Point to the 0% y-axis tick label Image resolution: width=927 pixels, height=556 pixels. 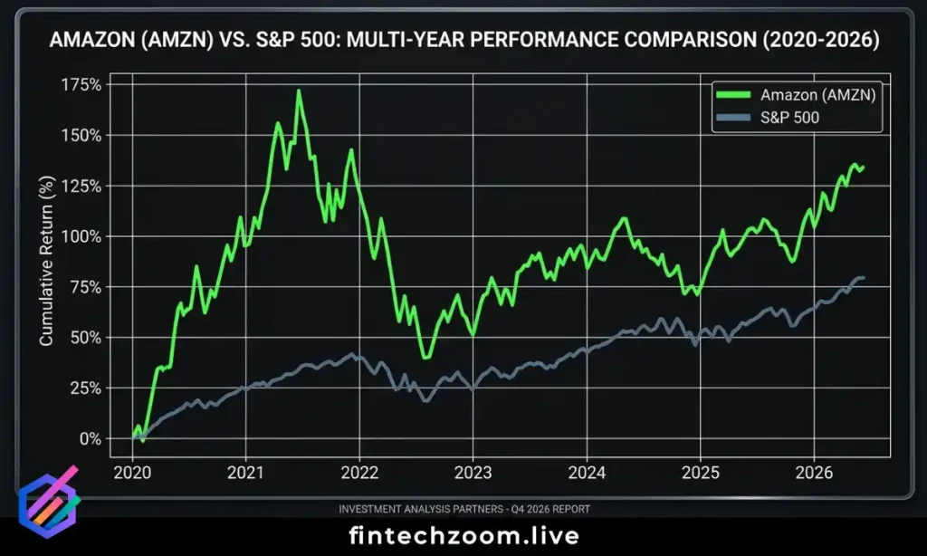coord(91,438)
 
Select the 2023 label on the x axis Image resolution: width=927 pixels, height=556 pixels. coord(473,472)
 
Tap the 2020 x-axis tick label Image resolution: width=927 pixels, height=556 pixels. coord(133,472)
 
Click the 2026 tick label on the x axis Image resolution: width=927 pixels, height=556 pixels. coord(814,472)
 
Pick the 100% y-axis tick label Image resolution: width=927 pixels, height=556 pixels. coord(83,236)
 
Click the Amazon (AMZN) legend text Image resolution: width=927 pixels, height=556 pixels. coord(818,94)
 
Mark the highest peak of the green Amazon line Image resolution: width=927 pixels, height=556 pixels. coord(298,91)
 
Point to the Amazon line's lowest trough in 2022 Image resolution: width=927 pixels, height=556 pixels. coord(425,357)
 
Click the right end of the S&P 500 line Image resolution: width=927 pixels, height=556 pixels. coord(863,277)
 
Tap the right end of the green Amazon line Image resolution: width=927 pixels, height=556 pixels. coord(863,168)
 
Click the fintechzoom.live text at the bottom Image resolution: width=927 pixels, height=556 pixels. coord(463,535)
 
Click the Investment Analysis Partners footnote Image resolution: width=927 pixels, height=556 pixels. coord(463,509)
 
